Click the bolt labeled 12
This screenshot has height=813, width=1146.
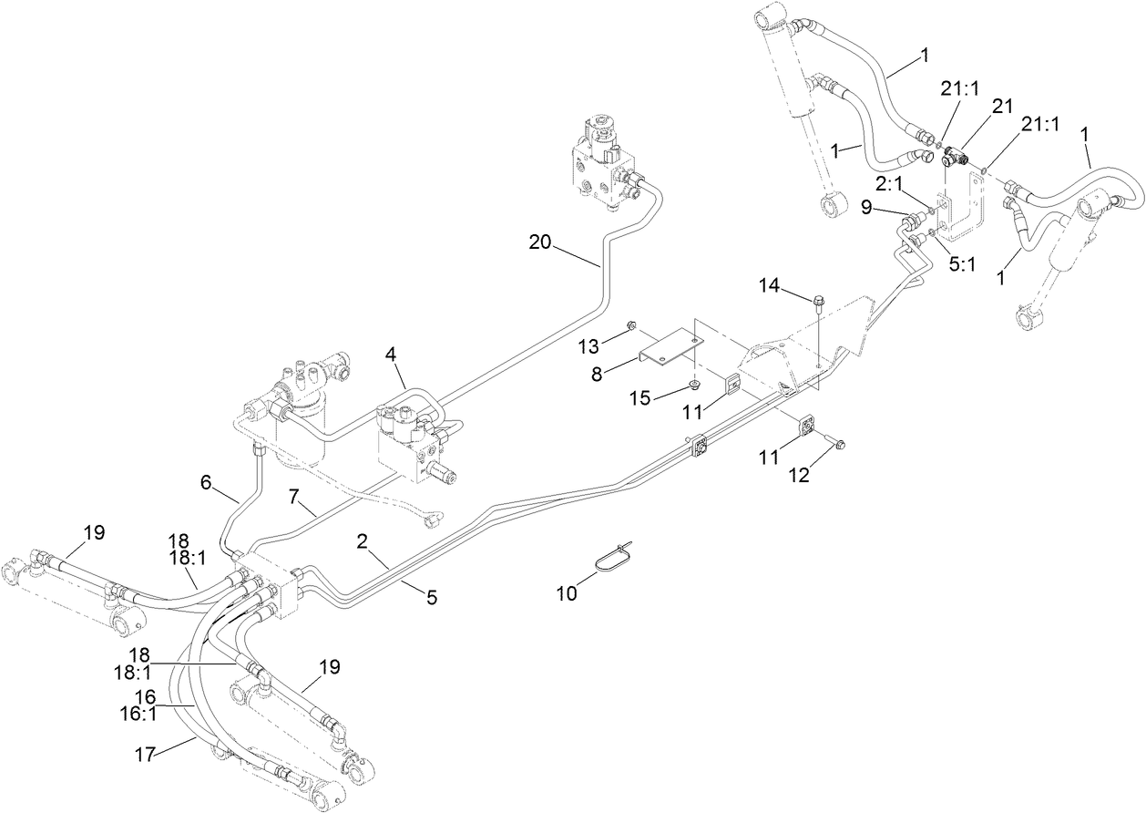(839, 443)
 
